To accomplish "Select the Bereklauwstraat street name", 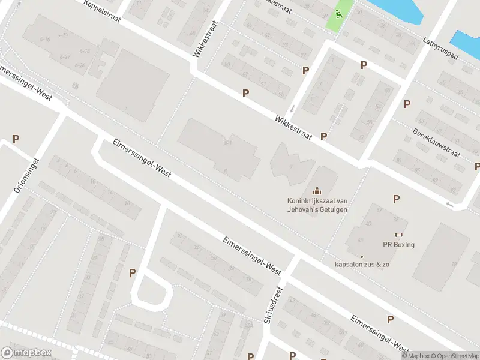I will point(436,142).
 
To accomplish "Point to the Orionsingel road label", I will point(26,175).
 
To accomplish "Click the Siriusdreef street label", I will point(274,305).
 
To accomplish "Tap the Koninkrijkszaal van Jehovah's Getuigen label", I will point(316,205).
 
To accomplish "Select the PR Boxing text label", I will point(399,244).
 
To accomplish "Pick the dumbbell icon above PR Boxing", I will point(398,235).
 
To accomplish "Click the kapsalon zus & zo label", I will point(362,265).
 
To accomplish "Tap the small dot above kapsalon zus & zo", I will point(362,256).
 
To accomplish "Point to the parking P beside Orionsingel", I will point(16,139).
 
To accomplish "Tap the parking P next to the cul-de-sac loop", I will point(132,272).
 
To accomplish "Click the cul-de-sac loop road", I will point(152,291).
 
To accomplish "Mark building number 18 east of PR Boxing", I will point(454,264).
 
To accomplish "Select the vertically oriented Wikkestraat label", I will point(205,40).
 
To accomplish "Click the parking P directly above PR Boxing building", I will point(396,199).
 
